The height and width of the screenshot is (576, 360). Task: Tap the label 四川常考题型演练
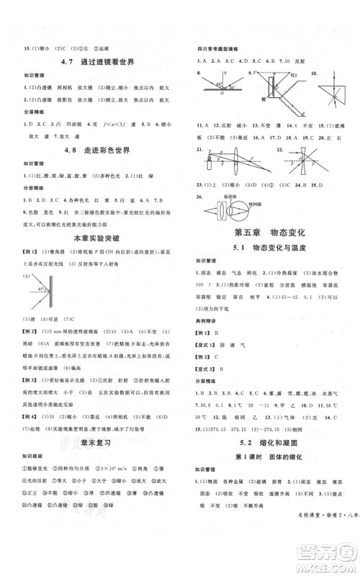219,50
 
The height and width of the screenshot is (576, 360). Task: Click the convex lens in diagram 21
241,175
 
